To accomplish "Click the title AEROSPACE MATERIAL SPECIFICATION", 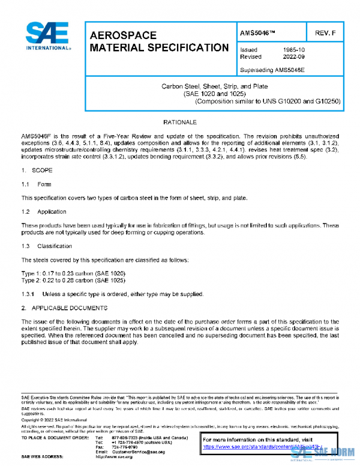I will point(158,41).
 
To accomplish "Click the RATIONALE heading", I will point(181,122).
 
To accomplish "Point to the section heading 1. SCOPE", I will point(37,171).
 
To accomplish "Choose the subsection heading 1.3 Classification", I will point(46,246).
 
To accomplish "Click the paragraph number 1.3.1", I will point(28,294).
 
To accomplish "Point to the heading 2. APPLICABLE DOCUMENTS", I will point(64,308).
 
